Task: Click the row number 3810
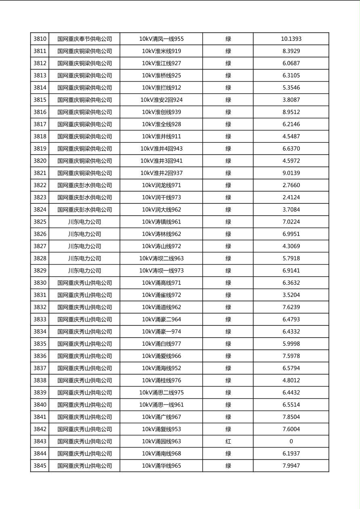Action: tap(40, 39)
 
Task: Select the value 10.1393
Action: tap(291, 39)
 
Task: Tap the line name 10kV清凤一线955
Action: tap(161, 39)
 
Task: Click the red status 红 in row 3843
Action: tap(228, 441)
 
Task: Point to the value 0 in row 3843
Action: tap(291, 441)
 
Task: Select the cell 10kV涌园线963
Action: tap(161, 441)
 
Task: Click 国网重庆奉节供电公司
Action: tap(84, 39)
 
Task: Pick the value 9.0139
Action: tap(291, 173)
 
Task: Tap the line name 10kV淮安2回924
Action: tap(161, 100)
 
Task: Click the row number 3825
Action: tap(40, 222)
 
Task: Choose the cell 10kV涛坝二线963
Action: tap(161, 259)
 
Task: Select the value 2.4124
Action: tap(291, 198)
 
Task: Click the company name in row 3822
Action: tap(84, 185)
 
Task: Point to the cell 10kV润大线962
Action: tap(161, 210)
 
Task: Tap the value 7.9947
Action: tap(291, 466)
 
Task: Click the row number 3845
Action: tap(40, 466)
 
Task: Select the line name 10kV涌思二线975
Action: tap(161, 392)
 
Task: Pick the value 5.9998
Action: tap(291, 344)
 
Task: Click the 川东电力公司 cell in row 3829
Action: tap(84, 271)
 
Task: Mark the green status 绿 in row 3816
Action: tap(228, 112)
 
